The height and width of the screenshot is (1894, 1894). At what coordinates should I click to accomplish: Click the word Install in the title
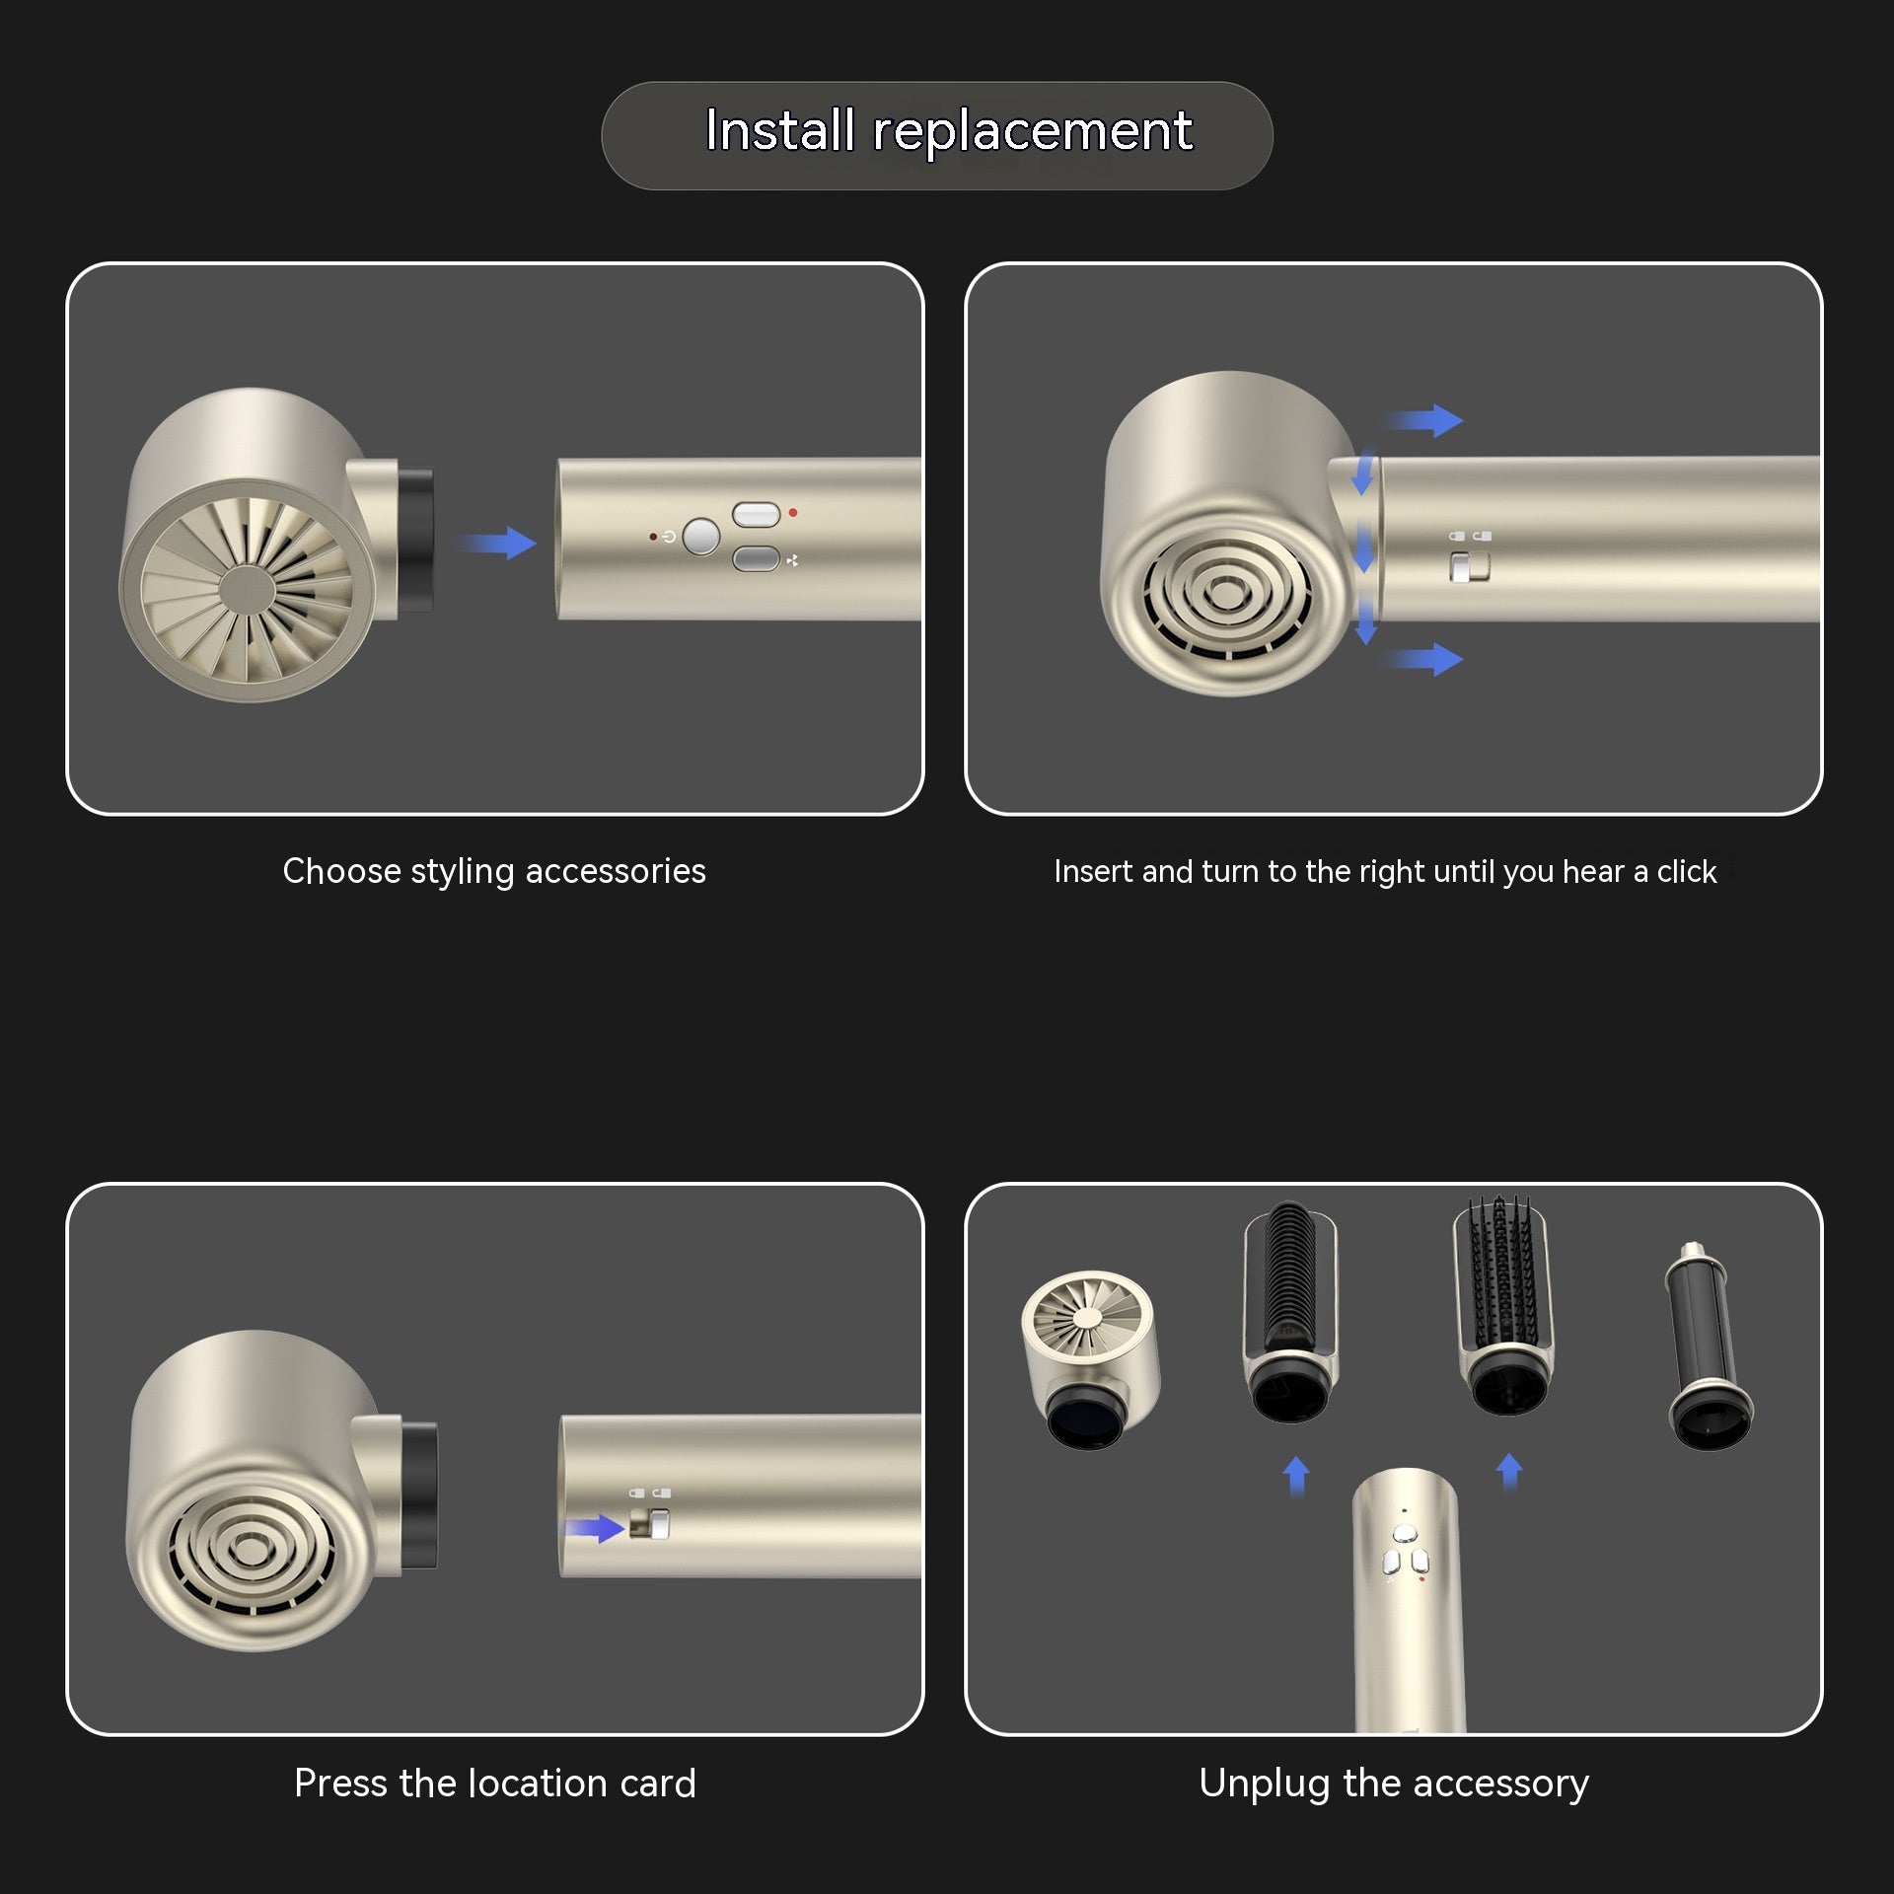(779, 131)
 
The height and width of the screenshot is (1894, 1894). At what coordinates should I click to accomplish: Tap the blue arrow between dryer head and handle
(502, 543)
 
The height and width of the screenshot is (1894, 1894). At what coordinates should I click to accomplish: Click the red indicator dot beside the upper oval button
(793, 513)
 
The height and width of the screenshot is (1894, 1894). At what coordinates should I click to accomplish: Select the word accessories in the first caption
(616, 871)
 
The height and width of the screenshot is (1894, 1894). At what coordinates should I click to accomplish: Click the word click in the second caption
(1686, 872)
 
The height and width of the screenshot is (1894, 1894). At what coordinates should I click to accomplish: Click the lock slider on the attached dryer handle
(1468, 567)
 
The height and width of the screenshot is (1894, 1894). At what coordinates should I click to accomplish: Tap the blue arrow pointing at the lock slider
(595, 1529)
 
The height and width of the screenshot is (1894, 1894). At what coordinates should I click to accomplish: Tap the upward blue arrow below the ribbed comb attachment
(1296, 1476)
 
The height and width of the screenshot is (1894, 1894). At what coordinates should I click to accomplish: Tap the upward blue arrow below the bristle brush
(1508, 1472)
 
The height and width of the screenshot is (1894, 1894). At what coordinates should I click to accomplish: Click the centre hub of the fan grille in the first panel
(247, 590)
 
